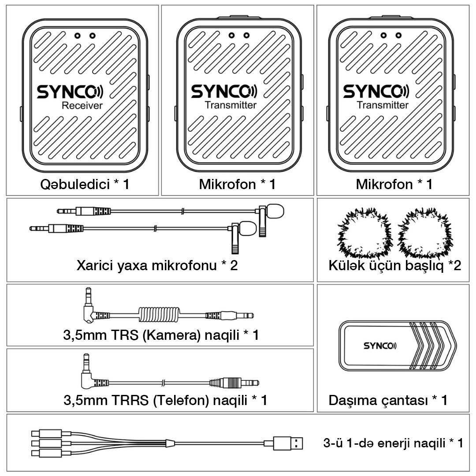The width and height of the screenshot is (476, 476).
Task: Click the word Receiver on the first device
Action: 82,105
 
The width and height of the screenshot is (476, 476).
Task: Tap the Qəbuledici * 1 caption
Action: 82,184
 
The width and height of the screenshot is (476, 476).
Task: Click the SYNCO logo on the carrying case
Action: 379,346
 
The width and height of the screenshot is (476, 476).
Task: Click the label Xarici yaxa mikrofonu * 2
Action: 157,266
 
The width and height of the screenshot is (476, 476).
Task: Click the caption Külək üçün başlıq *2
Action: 394,266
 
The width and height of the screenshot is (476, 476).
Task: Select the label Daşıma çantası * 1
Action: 388,401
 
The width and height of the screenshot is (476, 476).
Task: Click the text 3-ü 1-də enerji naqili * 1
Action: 393,443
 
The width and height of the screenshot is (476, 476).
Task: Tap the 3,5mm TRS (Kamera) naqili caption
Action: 161,335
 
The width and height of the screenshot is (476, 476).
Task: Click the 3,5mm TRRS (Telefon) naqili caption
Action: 165,400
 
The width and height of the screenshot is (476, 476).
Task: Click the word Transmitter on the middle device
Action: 231,105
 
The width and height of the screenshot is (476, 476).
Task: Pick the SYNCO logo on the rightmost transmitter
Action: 376,92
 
